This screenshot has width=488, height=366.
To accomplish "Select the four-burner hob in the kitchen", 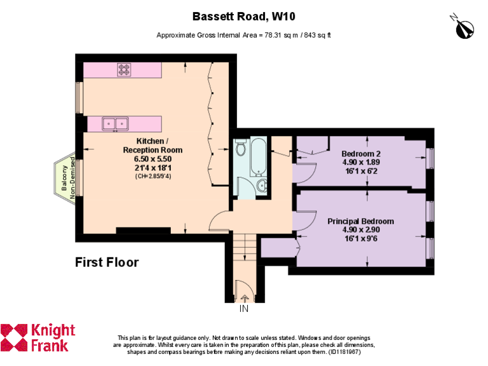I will pos(124,69).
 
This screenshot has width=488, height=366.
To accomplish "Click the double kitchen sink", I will pos(115,123).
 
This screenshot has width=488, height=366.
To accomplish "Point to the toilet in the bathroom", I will pos(241,149).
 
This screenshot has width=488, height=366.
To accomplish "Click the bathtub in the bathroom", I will pos(258,157).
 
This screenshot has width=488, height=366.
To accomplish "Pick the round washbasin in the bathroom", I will pos(262,186).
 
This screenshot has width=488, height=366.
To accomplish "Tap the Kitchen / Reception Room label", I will pos(152,146).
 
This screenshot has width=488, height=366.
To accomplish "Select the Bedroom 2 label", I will pos(361,154).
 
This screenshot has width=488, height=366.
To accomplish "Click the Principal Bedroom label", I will pos(360,221).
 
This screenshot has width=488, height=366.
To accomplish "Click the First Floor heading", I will pos(107,262).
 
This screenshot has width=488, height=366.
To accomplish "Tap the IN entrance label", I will pos(244,309).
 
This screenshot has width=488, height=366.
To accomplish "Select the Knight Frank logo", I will pos(38,338).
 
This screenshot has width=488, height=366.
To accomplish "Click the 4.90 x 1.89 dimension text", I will pos(361,162).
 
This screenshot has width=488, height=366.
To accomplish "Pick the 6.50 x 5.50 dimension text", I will pos(152,159).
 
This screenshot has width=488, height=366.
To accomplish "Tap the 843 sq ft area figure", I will pos(316,35).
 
